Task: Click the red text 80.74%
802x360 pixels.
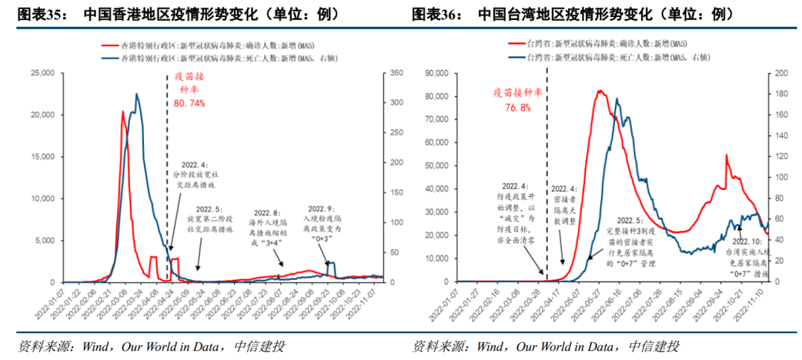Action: click(x=189, y=103)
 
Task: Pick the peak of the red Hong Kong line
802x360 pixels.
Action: click(x=123, y=111)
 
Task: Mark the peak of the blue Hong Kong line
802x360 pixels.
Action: click(x=137, y=94)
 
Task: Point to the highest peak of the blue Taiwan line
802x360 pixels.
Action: click(x=616, y=99)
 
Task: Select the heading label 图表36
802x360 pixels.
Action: click(x=433, y=14)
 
